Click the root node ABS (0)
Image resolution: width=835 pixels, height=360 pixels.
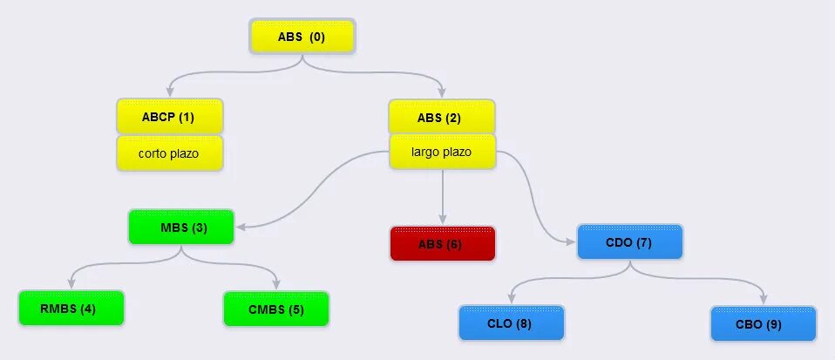click(x=302, y=37)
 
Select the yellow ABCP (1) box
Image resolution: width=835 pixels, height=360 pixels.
click(x=169, y=117)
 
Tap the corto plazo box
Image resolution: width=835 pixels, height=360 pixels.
click(x=169, y=153)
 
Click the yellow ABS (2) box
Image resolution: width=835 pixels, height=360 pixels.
click(x=442, y=117)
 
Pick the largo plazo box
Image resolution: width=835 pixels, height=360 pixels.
click(x=442, y=152)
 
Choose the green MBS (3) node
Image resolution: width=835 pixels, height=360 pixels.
click(x=180, y=228)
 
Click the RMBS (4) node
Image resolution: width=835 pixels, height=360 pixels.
click(x=71, y=309)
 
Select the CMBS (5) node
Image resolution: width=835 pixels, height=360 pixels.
click(x=276, y=309)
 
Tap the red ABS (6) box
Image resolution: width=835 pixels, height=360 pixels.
click(x=442, y=244)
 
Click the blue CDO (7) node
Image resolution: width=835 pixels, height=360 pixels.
click(x=629, y=241)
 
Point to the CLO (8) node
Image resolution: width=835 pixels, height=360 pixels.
click(x=512, y=323)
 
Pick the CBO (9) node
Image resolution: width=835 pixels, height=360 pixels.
click(x=764, y=323)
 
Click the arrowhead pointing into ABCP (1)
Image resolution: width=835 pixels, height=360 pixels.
click(x=169, y=93)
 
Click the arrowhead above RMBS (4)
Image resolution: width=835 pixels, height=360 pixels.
click(x=71, y=284)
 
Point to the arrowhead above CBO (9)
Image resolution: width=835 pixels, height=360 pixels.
click(x=764, y=299)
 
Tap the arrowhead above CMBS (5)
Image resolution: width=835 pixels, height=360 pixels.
click(x=276, y=284)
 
